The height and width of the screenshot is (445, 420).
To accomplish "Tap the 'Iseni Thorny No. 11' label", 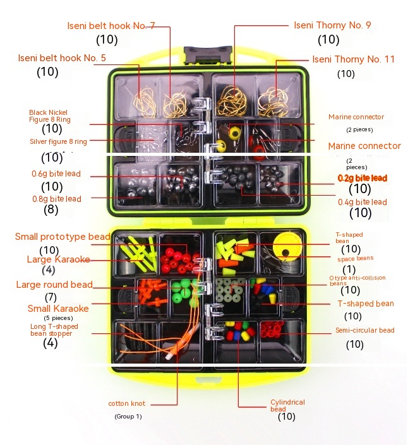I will click(x=353, y=59).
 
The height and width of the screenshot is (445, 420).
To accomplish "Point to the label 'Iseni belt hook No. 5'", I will click(x=71, y=58).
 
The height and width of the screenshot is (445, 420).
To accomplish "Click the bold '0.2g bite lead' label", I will click(x=363, y=178).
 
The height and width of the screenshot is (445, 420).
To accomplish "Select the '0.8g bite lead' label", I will click(x=56, y=199).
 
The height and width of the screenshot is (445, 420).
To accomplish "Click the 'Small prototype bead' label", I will click(x=63, y=237).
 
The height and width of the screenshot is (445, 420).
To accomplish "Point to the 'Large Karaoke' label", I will click(x=58, y=259).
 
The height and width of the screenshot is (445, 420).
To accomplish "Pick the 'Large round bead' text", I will click(x=54, y=285).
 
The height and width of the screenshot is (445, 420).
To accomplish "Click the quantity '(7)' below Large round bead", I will click(x=51, y=297).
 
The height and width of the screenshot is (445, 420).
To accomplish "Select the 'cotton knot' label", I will click(x=126, y=403).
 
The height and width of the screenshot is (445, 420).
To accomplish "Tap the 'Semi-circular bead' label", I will click(x=364, y=330).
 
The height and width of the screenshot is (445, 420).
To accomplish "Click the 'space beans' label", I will click(x=355, y=258).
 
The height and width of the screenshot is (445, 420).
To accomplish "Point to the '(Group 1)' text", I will click(x=128, y=417).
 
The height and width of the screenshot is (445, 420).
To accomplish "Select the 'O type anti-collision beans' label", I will click(x=357, y=280).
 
